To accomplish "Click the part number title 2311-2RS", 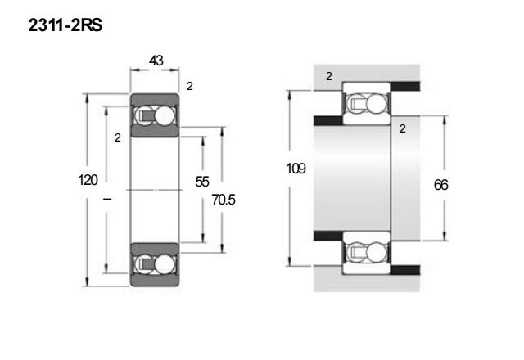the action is point(65,25).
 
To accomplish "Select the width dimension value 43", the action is point(156,61).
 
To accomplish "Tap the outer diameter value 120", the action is point(88,180).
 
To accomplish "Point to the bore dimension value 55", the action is point(202,182).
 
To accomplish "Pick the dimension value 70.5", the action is point(224,200).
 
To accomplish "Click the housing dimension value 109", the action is point(296,169).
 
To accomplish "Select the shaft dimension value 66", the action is point(440,185).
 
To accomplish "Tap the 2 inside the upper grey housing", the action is point(329,76).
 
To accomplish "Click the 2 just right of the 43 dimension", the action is point(190,86).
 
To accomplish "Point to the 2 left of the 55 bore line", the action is point(118,137).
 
